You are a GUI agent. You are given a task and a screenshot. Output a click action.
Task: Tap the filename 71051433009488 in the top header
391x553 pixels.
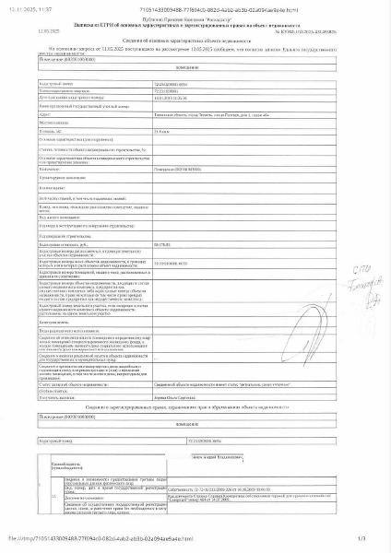click(212, 7)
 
